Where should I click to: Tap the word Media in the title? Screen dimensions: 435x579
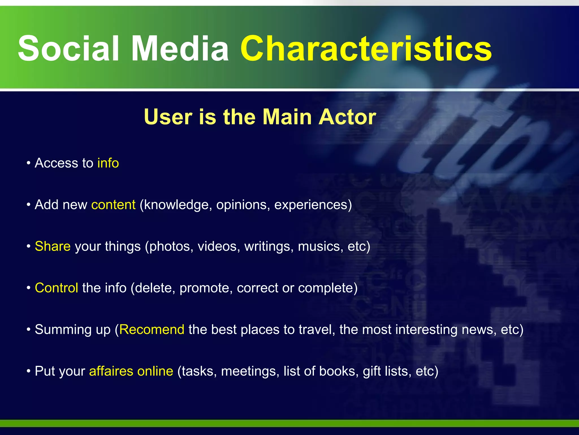pyautogui.click(x=180, y=49)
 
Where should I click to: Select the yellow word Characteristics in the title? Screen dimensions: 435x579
pyautogui.click(x=366, y=49)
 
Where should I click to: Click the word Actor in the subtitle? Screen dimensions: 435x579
pyautogui.click(x=347, y=117)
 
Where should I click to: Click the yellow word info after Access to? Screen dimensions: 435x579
pyautogui.click(x=108, y=163)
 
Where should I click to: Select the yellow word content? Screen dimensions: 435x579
pyautogui.click(x=113, y=205)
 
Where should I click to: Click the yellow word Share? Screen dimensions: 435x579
pyautogui.click(x=53, y=246)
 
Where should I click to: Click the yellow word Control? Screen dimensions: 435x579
pyautogui.click(x=56, y=288)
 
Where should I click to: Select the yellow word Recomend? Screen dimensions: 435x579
pyautogui.click(x=152, y=330)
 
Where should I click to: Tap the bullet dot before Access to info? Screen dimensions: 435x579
pyautogui.click(x=29, y=163)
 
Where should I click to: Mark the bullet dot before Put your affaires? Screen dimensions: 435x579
pyautogui.click(x=29, y=371)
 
